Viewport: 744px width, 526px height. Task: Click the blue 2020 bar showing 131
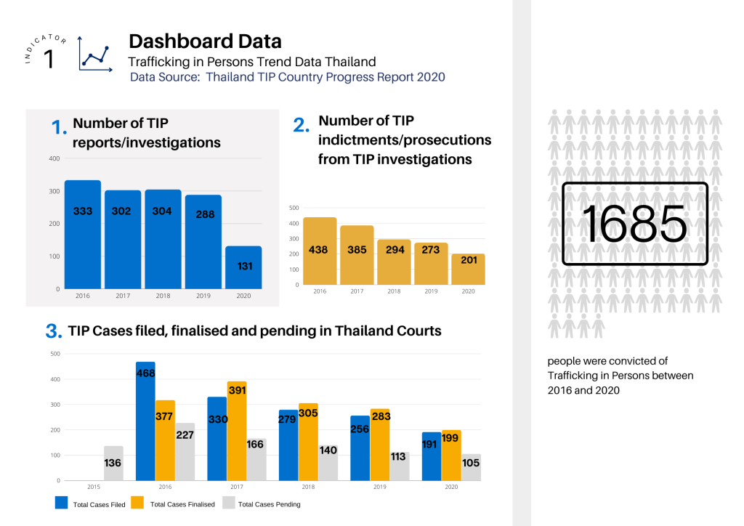(x=243, y=267)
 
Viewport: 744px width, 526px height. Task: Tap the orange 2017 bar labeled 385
(x=357, y=255)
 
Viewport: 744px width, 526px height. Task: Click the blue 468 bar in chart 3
(x=145, y=421)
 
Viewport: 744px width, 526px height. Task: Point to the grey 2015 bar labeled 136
(x=113, y=463)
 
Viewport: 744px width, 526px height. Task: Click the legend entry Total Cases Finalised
(x=182, y=503)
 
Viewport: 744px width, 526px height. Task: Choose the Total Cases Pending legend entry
(x=269, y=503)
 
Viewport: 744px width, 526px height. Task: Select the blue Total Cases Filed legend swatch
(x=62, y=503)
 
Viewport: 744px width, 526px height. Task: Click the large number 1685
(x=634, y=224)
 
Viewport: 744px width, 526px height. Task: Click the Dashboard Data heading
(x=205, y=41)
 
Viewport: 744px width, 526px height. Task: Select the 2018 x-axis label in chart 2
(x=394, y=291)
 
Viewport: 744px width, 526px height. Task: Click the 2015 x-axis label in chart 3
(x=94, y=487)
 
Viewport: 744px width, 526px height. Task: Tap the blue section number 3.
(x=53, y=332)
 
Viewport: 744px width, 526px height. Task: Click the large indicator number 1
(x=49, y=59)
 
